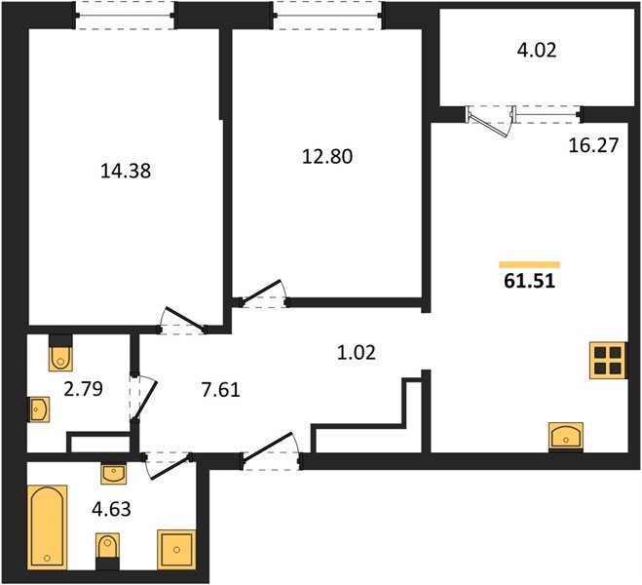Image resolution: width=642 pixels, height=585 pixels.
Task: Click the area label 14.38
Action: (x=127, y=171)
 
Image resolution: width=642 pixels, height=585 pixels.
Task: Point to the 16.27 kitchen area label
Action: (x=592, y=146)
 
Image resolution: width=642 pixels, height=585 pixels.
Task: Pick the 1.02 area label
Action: (x=357, y=352)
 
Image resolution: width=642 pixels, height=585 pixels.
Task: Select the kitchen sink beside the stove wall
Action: (x=566, y=436)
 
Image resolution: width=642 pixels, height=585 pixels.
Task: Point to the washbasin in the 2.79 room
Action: (x=39, y=409)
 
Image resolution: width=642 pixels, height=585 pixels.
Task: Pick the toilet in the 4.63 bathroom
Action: (x=107, y=548)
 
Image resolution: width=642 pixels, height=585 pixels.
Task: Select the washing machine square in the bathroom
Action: (x=176, y=549)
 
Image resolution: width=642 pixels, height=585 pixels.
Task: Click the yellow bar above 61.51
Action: (x=529, y=264)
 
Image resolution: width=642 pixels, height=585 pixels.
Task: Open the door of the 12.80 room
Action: (x=261, y=293)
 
